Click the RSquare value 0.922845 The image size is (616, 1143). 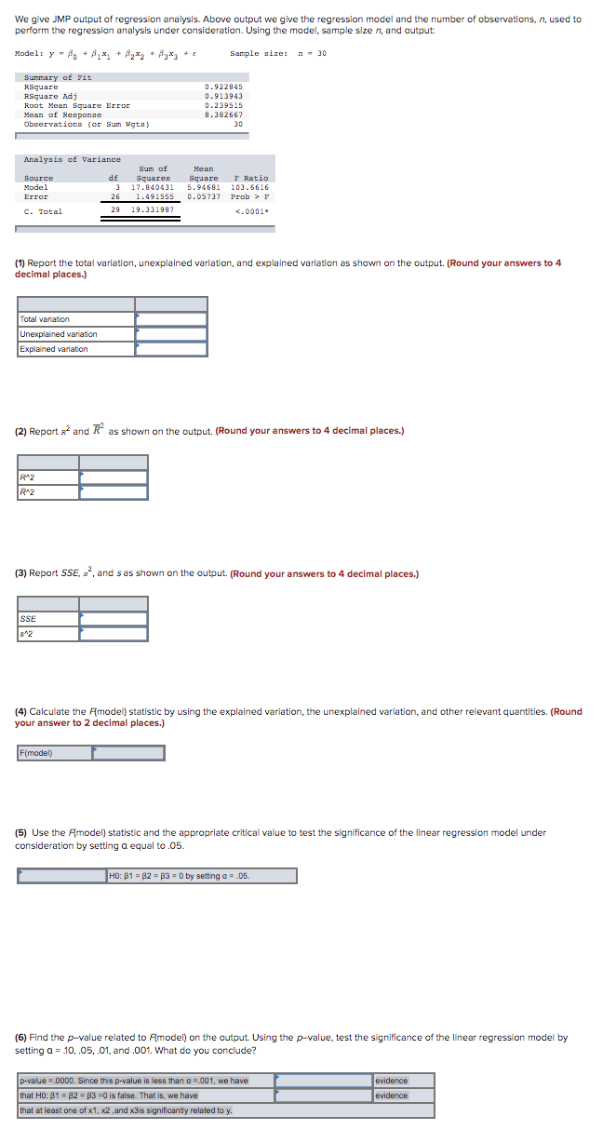pos(222,87)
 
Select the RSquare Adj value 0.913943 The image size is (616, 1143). pos(222,96)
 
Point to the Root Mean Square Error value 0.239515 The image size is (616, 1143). pos(222,105)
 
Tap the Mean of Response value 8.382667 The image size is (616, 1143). pos(222,114)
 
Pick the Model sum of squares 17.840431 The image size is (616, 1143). pos(153,187)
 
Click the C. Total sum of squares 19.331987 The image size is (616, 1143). pos(153,210)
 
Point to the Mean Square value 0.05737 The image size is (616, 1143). pos(203,196)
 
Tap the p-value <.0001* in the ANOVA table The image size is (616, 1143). pos(251,210)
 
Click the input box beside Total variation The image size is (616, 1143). pos(171,319)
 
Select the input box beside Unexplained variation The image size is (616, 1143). pos(171,334)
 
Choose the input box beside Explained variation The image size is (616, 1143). pos(171,349)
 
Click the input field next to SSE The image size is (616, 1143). pos(114,619)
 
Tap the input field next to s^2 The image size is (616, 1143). pos(114,634)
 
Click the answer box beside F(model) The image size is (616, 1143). pos(128,753)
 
